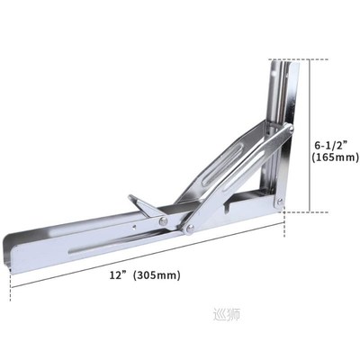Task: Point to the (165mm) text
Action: point(334,157)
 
